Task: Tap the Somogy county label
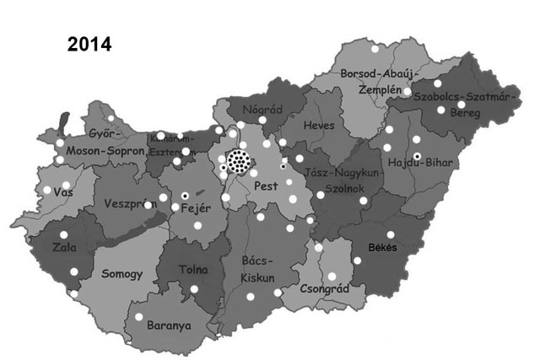tap(122, 274)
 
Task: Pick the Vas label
tap(62, 192)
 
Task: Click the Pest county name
tap(267, 184)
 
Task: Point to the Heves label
tap(318, 126)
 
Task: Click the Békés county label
tap(382, 247)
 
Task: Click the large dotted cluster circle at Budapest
tap(240, 160)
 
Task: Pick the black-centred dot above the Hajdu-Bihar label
tap(417, 156)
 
